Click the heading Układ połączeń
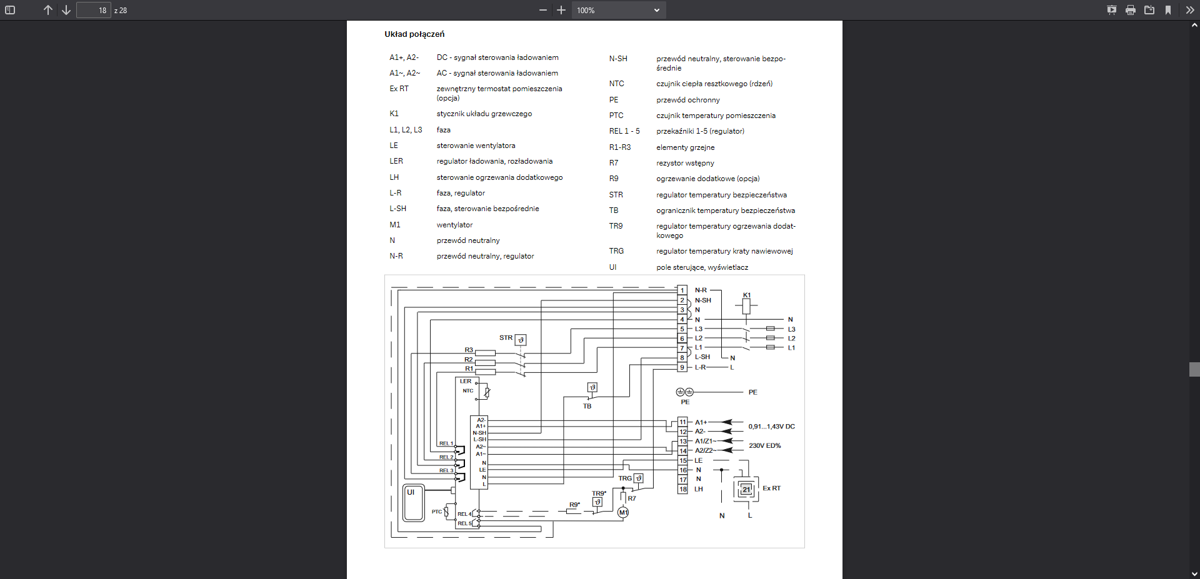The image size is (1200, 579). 414,34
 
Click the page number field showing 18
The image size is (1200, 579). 94,10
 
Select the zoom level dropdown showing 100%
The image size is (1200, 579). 618,10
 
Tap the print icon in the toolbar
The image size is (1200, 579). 1130,10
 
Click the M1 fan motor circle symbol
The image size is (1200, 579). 623,512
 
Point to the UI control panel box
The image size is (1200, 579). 414,503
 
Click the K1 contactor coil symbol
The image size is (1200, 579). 746,306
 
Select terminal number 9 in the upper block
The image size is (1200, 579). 682,367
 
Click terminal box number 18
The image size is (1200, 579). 683,489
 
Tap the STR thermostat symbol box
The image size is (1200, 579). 521,340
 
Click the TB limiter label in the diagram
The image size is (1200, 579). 587,406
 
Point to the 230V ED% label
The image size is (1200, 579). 764,445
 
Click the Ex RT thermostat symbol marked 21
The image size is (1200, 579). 746,489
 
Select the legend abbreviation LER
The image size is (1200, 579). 396,161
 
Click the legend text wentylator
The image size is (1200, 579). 454,225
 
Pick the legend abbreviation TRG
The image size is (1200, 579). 616,251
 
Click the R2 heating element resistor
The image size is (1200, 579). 485,362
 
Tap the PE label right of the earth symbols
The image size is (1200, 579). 752,392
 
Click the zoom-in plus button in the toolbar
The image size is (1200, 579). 561,10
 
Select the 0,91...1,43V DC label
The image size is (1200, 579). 771,427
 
